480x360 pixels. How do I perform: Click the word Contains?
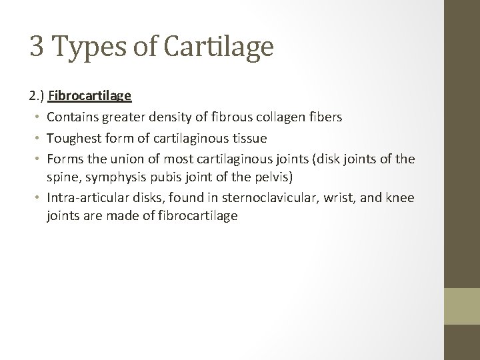[74, 117]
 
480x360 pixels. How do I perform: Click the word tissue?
[248, 138]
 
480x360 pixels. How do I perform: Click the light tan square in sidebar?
[462, 307]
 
